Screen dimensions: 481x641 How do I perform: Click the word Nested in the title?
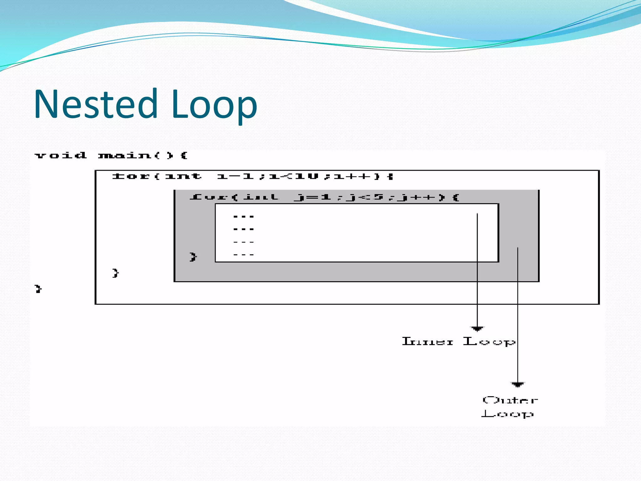click(95, 104)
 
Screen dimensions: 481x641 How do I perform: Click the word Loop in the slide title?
click(214, 104)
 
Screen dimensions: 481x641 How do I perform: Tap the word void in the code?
click(60, 155)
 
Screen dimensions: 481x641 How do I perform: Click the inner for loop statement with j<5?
click(324, 197)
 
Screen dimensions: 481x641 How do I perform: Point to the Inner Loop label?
click(458, 341)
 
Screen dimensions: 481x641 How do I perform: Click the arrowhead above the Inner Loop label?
click(477, 328)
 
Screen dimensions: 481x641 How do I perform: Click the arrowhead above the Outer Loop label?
click(517, 384)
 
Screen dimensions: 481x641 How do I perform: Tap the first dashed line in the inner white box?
click(244, 216)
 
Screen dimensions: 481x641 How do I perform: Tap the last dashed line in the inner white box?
click(244, 255)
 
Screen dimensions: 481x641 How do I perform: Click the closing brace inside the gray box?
click(193, 257)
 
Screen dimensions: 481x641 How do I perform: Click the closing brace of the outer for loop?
click(115, 273)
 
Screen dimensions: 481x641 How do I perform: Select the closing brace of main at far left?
click(38, 288)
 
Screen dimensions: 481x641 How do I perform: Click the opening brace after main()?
click(184, 155)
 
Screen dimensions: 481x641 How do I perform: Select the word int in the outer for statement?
click(183, 177)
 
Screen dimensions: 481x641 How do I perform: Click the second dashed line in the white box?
click(244, 229)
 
